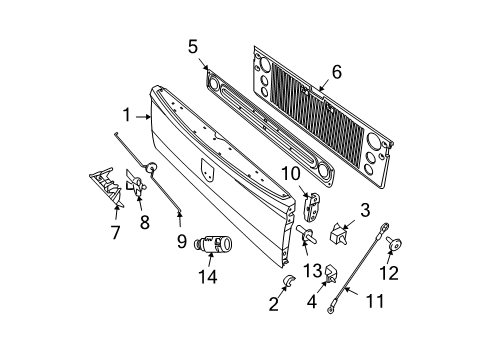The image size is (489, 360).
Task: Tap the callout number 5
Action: point(193,45)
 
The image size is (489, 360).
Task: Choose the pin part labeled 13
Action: point(306,237)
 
